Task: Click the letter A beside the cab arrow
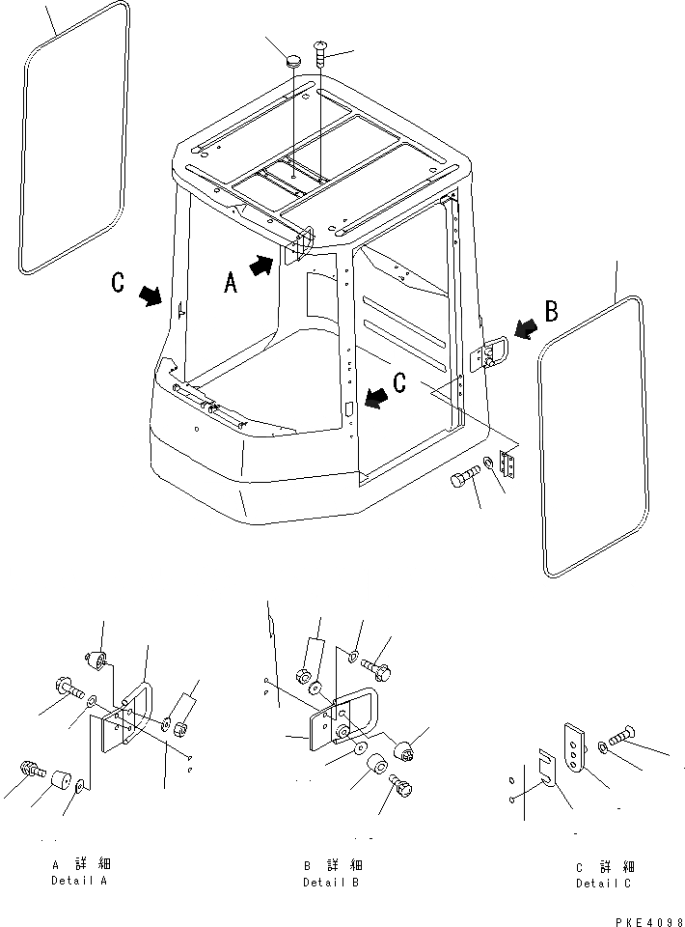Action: pos(231,282)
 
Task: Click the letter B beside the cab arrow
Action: pos(552,311)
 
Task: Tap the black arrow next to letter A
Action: pos(261,266)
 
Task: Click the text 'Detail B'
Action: pos(332,882)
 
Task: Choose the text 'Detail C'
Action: pos(605,883)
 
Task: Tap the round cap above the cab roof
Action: pos(293,62)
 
